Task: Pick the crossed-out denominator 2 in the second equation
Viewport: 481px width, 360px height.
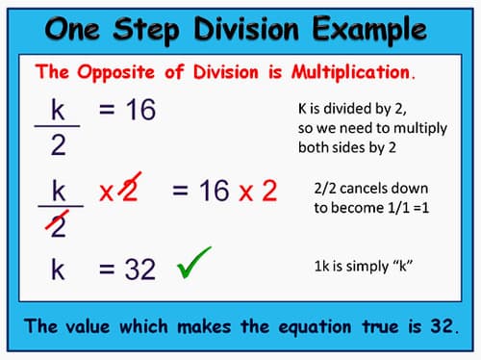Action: coord(59,224)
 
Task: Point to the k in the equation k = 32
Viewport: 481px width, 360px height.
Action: coord(58,270)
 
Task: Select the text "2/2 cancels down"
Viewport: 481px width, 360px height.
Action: coord(371,189)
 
